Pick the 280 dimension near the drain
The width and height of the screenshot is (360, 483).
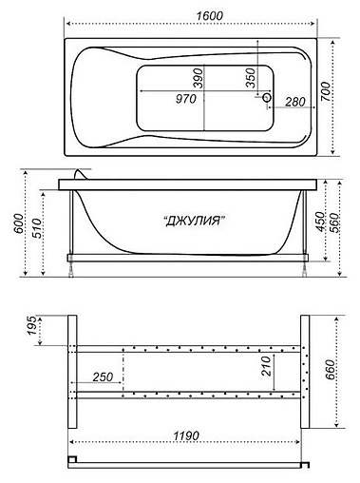(294, 102)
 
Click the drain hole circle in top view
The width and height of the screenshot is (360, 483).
(267, 97)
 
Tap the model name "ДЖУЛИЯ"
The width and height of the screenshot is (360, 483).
(194, 222)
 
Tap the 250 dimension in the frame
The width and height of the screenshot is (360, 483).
(104, 377)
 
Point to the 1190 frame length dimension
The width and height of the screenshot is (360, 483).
(186, 435)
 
